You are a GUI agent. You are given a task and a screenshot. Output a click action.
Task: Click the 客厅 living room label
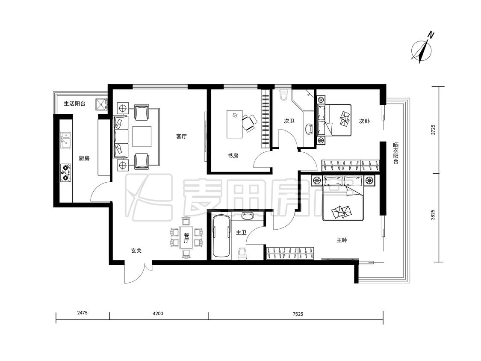point(181,136)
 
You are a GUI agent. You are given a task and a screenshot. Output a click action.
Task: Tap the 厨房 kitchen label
point(84,158)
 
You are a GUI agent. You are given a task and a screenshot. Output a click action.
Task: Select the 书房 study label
point(233,156)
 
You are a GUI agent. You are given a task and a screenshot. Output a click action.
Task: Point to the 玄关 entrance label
point(136,251)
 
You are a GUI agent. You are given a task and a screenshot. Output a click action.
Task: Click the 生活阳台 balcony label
point(74,104)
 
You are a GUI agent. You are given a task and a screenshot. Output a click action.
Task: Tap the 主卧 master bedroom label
point(342,240)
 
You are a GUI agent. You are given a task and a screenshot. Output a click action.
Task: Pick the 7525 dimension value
point(298,314)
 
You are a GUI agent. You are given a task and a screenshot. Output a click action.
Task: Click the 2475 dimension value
point(83,313)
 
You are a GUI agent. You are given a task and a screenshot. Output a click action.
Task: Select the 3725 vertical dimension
point(433,130)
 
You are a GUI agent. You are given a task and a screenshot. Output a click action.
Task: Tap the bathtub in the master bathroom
point(221,236)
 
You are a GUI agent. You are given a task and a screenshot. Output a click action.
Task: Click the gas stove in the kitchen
point(66,173)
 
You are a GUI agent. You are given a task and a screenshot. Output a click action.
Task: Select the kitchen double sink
point(66,140)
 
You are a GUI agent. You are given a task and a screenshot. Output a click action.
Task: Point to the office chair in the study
point(249,123)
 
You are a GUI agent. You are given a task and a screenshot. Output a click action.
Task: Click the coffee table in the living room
point(142,136)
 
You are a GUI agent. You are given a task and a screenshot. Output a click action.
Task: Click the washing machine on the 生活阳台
point(101,104)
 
